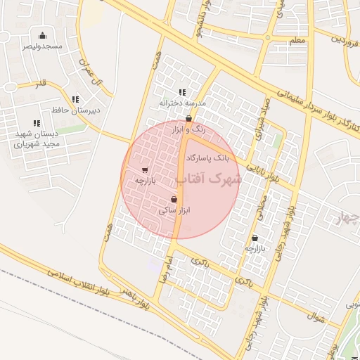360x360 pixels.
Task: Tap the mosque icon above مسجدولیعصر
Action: pyautogui.click(x=42, y=35)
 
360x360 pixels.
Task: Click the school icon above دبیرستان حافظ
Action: pyautogui.click(x=75, y=100)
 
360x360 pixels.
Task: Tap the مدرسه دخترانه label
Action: pyautogui.click(x=182, y=103)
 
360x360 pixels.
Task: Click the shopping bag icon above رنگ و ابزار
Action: pyautogui.click(x=188, y=119)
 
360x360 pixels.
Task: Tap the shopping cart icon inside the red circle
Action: pyautogui.click(x=145, y=170)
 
